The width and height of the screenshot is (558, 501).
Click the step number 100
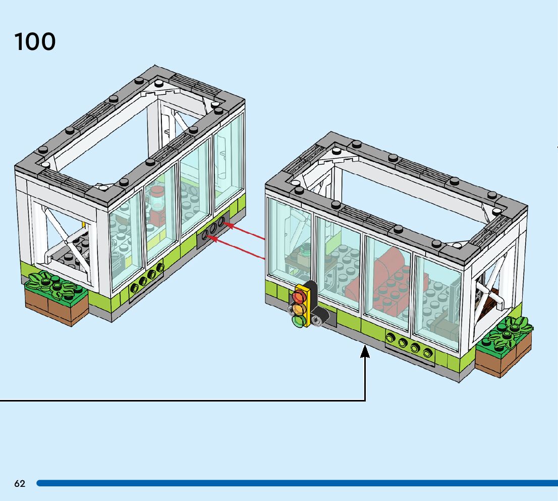click(x=35, y=41)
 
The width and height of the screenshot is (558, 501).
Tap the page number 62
click(x=20, y=483)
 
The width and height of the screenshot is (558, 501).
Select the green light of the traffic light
click(x=298, y=320)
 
